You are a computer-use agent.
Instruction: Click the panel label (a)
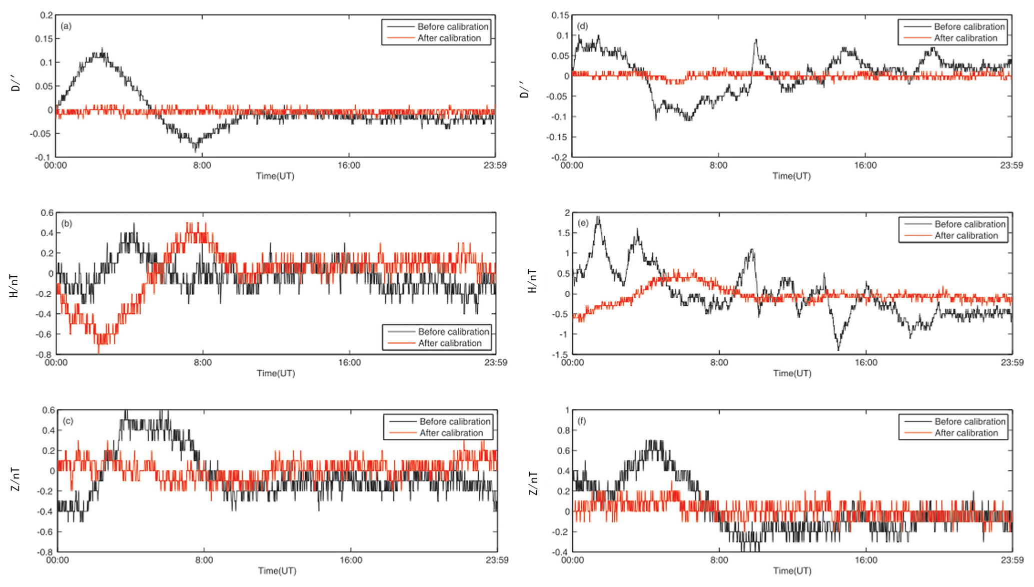[66, 26]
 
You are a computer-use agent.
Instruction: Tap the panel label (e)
[583, 223]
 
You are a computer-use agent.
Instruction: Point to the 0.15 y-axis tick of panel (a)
[44, 39]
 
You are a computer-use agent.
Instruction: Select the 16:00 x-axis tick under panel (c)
[351, 560]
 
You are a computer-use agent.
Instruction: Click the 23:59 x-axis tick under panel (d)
[1011, 165]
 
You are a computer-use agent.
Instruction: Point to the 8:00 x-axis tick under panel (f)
[719, 560]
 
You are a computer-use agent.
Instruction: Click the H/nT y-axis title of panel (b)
[14, 286]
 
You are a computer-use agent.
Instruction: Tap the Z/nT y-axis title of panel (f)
[533, 483]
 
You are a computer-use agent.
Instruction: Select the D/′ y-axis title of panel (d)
[524, 89]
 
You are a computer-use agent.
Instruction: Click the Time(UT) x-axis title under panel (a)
[275, 176]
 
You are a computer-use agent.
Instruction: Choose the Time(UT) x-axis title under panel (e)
[792, 373]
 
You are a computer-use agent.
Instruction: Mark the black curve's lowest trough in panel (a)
[196, 151]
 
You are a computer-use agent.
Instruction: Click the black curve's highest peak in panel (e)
[598, 217]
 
